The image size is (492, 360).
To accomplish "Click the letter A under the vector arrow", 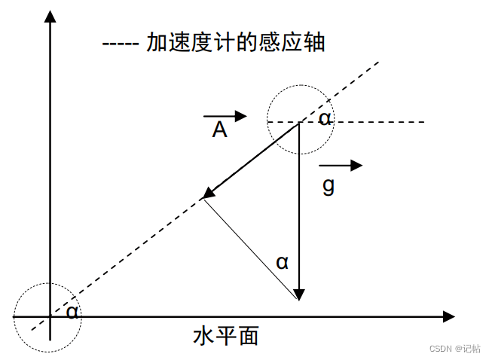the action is click(219, 130).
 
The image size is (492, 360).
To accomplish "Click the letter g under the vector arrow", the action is click(329, 185).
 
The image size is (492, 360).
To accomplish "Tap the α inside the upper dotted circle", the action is click(325, 119).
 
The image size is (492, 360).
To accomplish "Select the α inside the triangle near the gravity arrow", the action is click(282, 263).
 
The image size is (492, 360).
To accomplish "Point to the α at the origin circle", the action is click(72, 312).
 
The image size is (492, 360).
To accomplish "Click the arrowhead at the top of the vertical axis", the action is click(50, 17).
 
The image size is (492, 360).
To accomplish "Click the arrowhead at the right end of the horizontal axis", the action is click(449, 316).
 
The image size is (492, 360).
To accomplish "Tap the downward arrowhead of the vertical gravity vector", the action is click(299, 294).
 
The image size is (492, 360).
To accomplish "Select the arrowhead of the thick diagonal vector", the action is click(209, 193).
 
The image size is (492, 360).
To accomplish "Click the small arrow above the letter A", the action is click(225, 116).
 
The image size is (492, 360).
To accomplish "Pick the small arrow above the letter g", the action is click(341, 165).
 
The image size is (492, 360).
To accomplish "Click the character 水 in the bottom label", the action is click(203, 336).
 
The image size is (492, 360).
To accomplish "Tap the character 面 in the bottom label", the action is click(249, 336).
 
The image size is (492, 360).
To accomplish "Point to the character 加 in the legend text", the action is click(157, 42).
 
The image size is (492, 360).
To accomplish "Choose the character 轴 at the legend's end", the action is click(314, 42).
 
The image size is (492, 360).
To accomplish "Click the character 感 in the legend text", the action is click(270, 42).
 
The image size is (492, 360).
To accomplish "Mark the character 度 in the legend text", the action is click(203, 42).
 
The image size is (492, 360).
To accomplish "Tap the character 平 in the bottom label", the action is click(226, 336).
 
